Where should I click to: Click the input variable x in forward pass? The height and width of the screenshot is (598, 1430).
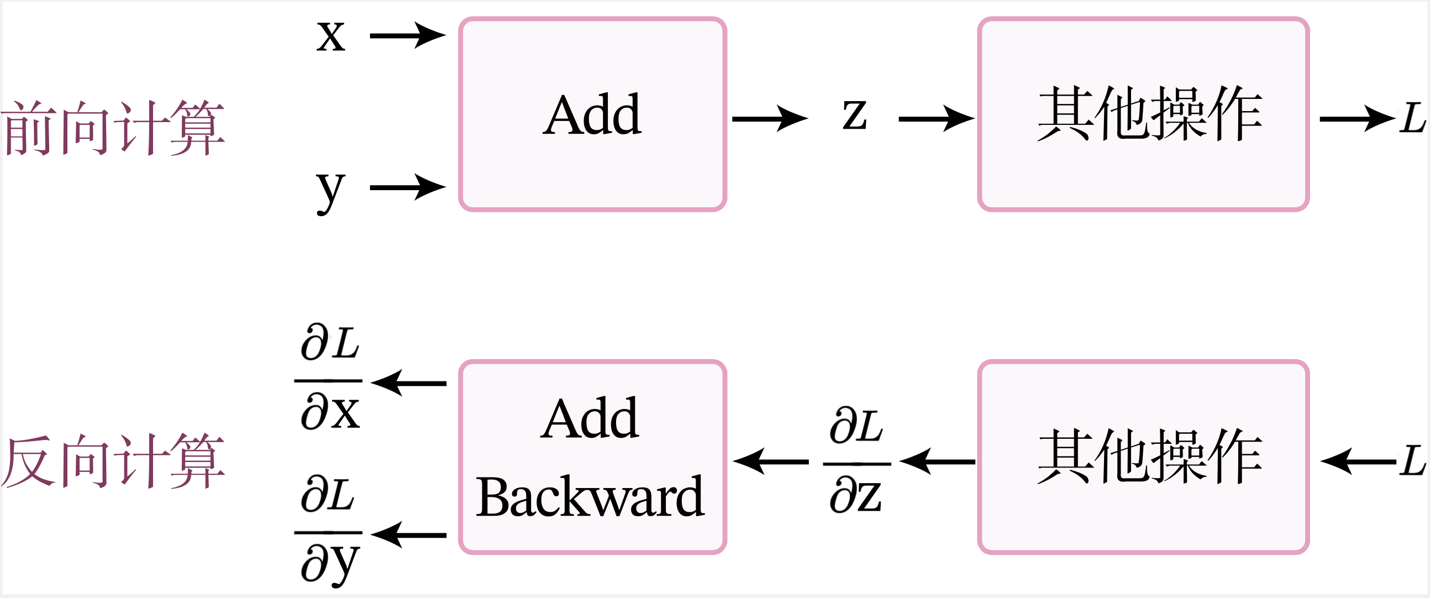(x=331, y=36)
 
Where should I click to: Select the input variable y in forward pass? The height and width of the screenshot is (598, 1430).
(x=331, y=192)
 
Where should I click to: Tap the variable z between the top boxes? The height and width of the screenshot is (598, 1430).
(x=854, y=114)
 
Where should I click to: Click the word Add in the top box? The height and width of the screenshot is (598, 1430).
(x=592, y=114)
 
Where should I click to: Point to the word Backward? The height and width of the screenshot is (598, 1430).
(x=590, y=496)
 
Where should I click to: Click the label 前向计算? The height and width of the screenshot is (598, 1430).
(x=113, y=128)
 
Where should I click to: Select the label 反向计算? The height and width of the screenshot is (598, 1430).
(x=113, y=461)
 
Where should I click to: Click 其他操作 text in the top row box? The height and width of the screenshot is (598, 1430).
(x=1150, y=114)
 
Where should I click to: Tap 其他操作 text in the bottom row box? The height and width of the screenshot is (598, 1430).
(x=1150, y=457)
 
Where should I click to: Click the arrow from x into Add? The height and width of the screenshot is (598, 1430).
(x=408, y=35)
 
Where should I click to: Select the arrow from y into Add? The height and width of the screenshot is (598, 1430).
(x=408, y=188)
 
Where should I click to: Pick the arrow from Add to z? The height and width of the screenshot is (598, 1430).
(x=770, y=119)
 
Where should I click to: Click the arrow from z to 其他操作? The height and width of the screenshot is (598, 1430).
(x=937, y=119)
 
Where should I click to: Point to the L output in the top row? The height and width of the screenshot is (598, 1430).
(x=1412, y=118)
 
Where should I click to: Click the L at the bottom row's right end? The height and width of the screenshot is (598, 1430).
(x=1412, y=461)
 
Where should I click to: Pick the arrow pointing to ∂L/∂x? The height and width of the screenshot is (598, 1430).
(x=408, y=383)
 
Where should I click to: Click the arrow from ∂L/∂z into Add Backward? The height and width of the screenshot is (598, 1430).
(x=770, y=461)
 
